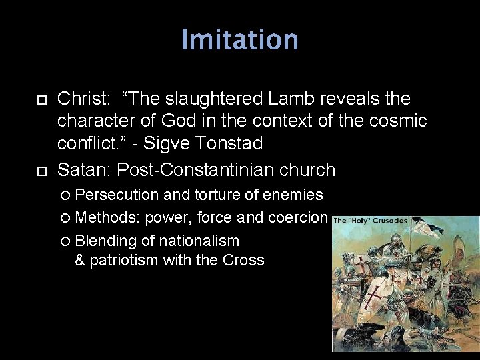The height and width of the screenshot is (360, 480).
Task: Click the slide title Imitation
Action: pyautogui.click(x=239, y=39)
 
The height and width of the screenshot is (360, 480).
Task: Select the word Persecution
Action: pyautogui.click(x=117, y=195)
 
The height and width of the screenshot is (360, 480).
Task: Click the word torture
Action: pyautogui.click(x=221, y=195)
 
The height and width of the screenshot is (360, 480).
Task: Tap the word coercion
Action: pyautogui.click(x=297, y=217)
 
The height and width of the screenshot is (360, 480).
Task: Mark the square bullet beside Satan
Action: pyautogui.click(x=41, y=171)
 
